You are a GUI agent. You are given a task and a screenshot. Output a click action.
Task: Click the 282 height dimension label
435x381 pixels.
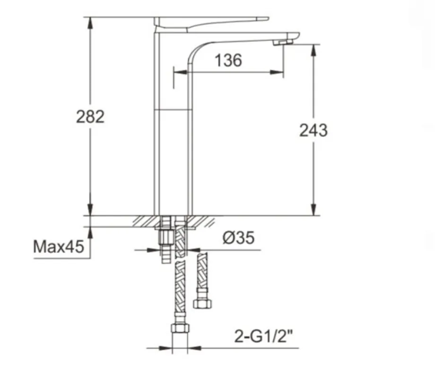pos(90,117)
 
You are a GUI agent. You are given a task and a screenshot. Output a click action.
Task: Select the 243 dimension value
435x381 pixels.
pos(313,130)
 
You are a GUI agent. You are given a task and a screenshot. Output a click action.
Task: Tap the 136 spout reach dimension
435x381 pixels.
pos(228,60)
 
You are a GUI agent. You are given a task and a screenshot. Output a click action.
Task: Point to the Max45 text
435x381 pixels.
pos(58,246)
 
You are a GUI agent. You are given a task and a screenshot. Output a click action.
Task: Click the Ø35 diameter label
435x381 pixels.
pos(238,238)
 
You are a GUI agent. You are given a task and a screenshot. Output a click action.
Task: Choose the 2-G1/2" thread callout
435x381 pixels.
pos(263,336)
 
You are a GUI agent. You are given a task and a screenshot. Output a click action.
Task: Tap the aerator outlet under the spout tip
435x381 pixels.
pos(283,42)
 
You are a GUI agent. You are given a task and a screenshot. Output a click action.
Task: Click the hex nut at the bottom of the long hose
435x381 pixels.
pos(180,328)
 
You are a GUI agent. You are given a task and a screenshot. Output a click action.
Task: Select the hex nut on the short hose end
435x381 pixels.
pos(202,304)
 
